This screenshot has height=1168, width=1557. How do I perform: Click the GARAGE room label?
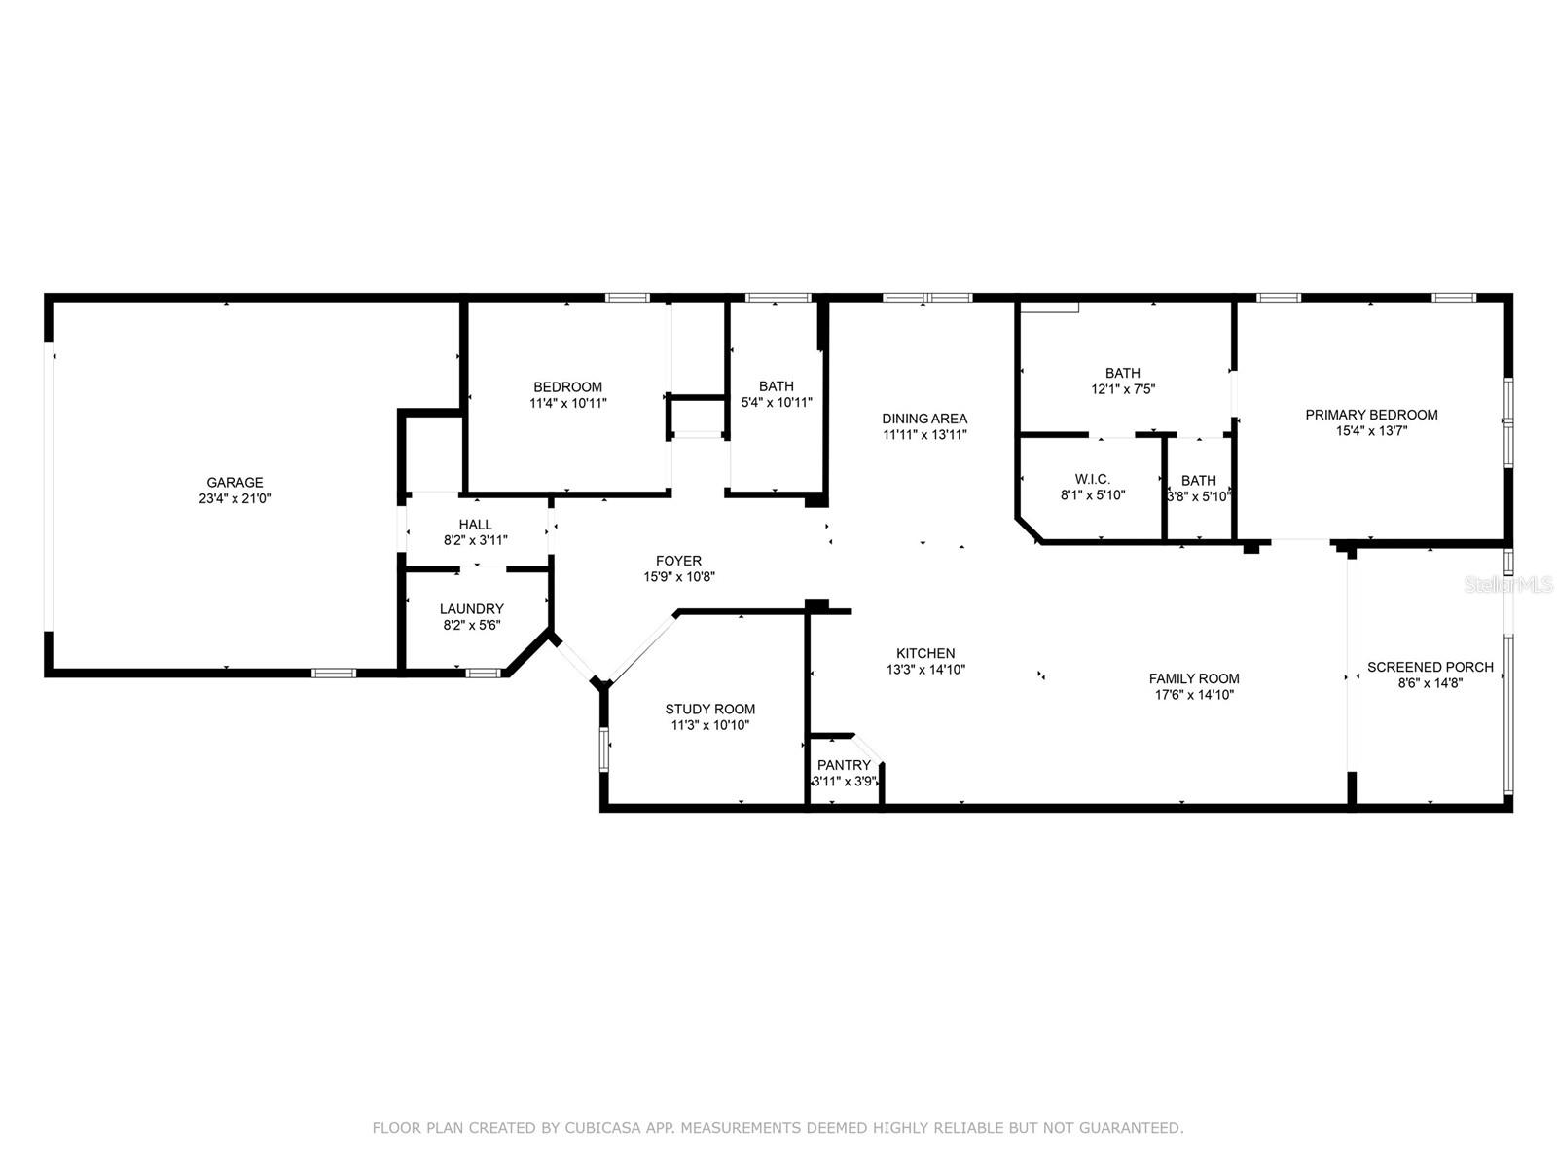pyautogui.click(x=235, y=482)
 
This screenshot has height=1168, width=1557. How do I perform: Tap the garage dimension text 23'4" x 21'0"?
pyautogui.click(x=235, y=498)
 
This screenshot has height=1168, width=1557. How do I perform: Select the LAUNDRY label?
pyautogui.click(x=472, y=609)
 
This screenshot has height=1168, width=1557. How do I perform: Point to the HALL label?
pyautogui.click(x=475, y=525)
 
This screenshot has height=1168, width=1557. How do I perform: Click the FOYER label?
pyautogui.click(x=679, y=561)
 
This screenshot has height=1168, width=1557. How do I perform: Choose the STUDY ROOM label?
pyautogui.click(x=710, y=710)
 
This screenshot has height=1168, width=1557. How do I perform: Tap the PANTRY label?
pyautogui.click(x=844, y=765)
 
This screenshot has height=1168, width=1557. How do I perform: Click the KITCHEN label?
pyautogui.click(x=925, y=653)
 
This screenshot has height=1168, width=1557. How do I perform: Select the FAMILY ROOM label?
pyautogui.click(x=1195, y=678)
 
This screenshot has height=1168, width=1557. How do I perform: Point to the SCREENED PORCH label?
pyautogui.click(x=1430, y=668)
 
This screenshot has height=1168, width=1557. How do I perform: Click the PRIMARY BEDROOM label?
pyautogui.click(x=1372, y=415)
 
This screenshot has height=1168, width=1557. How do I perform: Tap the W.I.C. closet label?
pyautogui.click(x=1093, y=480)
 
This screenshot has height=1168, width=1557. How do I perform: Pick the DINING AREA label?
pyautogui.click(x=925, y=419)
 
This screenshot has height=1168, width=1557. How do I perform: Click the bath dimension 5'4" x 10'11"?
pyautogui.click(x=777, y=403)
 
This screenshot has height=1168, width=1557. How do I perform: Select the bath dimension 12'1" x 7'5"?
pyautogui.click(x=1124, y=389)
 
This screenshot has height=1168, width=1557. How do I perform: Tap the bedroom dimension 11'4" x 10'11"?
pyautogui.click(x=568, y=404)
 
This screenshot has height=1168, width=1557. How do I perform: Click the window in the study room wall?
pyautogui.click(x=604, y=748)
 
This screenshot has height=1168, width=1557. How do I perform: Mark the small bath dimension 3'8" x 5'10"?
pyautogui.click(x=1199, y=496)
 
